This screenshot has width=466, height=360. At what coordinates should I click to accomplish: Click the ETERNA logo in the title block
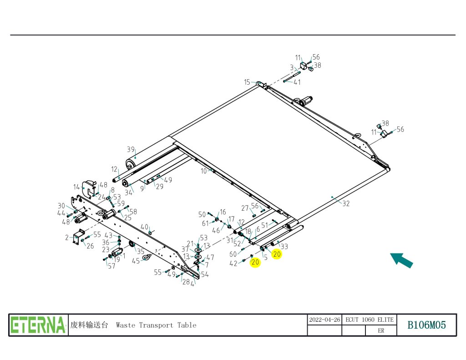[38, 325]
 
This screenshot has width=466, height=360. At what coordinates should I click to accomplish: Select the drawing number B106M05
[426, 325]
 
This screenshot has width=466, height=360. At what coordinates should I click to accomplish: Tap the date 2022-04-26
[324, 319]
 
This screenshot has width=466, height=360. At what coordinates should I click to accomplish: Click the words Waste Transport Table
[156, 325]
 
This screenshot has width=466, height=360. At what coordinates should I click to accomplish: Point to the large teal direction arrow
[401, 260]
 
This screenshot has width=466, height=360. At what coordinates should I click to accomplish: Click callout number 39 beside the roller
[131, 149]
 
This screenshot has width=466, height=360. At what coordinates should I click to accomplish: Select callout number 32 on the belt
[346, 203]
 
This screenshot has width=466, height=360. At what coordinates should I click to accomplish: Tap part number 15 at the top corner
[247, 82]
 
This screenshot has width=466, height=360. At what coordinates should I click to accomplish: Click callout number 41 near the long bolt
[297, 82]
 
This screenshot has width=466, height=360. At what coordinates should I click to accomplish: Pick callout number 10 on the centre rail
[203, 171]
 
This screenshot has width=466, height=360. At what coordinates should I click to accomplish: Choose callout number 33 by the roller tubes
[284, 246]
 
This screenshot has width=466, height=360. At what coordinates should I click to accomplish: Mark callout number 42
[233, 264]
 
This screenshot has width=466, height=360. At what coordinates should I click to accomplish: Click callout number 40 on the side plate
[144, 227]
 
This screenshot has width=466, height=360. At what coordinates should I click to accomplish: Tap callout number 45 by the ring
[136, 261]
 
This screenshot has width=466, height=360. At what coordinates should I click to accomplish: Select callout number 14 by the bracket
[77, 187]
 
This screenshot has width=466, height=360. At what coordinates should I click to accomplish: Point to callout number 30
[61, 205]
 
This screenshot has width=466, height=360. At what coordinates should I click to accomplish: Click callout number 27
[245, 208]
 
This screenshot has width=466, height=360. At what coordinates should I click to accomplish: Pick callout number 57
[111, 266]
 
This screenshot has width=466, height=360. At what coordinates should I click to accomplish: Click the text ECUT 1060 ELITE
[369, 319]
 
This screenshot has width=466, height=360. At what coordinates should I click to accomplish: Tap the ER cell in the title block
[381, 331]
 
